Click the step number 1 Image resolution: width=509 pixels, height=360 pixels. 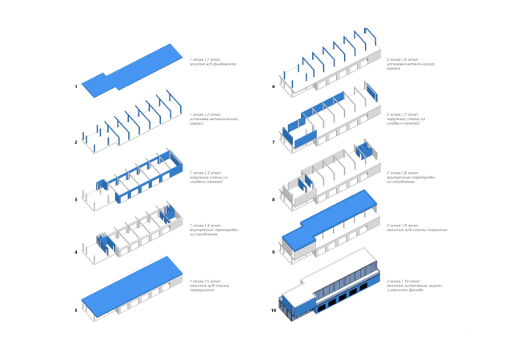tap(75, 86)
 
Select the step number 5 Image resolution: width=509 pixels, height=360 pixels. tap(75, 310)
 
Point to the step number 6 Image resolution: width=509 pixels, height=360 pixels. tap(274, 86)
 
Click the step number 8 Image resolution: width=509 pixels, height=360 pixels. tap(274, 199)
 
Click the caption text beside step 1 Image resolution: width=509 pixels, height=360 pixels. tap(210, 63)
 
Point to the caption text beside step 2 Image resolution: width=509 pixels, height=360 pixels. tap(210, 121)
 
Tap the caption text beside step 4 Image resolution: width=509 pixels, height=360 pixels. tap(209, 232)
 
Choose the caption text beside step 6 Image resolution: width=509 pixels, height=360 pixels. tap(407, 63)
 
